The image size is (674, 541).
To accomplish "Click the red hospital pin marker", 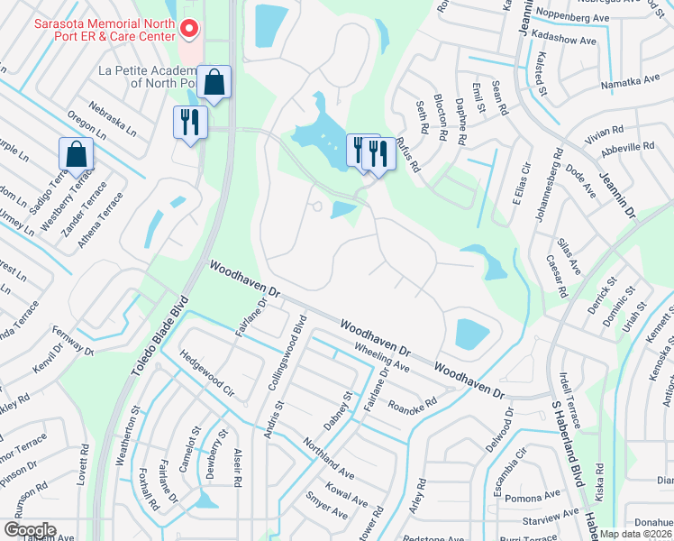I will [188, 30].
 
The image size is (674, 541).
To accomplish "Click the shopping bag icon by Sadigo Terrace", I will [76, 155].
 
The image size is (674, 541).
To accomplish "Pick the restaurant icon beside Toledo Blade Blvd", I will [190, 122].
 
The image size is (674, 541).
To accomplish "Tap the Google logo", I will [30, 529].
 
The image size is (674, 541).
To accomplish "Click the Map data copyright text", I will [636, 533].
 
